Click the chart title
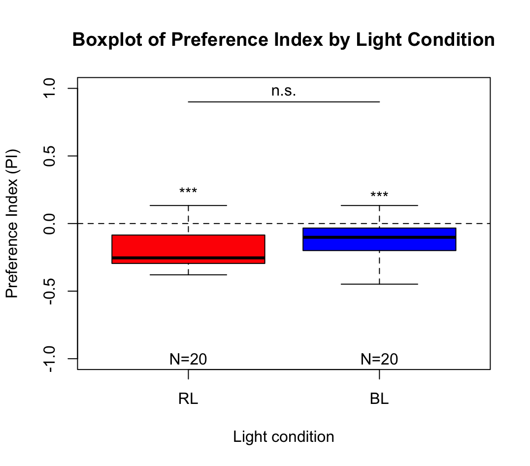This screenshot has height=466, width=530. [x=283, y=40]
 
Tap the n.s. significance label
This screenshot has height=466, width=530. [x=283, y=91]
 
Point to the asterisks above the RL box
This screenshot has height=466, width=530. [x=188, y=192]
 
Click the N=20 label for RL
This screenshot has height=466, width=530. [x=188, y=359]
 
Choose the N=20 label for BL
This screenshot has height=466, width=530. [x=379, y=359]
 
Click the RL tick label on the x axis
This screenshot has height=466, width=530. [x=188, y=399]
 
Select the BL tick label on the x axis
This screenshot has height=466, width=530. [x=379, y=399]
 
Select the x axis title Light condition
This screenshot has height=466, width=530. [x=283, y=437]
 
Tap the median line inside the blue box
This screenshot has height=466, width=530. [x=379, y=237]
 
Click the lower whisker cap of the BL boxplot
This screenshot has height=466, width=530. [x=379, y=284]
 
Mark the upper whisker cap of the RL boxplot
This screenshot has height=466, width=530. [x=188, y=205]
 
